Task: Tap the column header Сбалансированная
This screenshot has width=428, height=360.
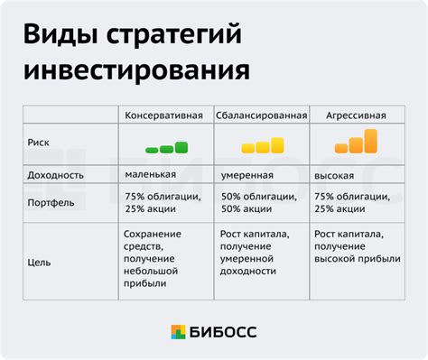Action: [x=261, y=115]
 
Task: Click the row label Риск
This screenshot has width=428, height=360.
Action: [x=42, y=142]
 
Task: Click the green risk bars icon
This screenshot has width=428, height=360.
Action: [x=167, y=146]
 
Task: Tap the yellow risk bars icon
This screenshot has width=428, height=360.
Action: [x=262, y=145]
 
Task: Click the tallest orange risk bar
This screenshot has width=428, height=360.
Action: [x=370, y=140]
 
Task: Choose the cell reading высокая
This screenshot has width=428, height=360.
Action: [x=334, y=174]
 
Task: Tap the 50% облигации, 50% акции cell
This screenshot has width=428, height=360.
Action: [x=256, y=204]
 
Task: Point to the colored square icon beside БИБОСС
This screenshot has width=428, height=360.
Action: [x=179, y=333]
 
